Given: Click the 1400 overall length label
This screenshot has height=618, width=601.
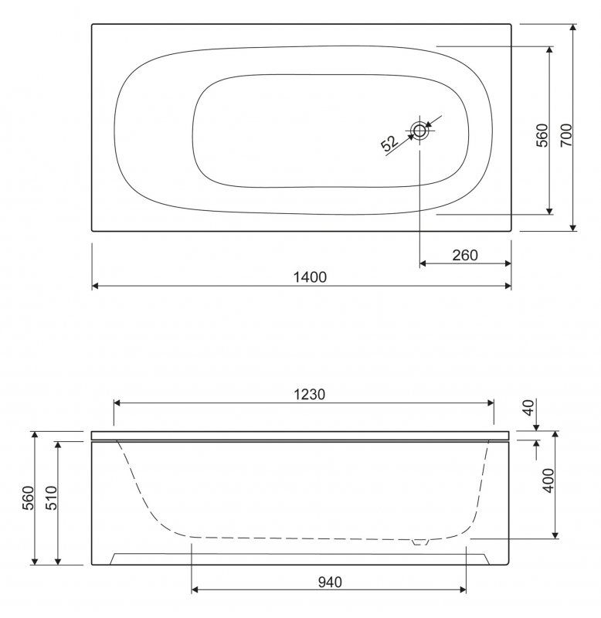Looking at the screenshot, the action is point(310,277).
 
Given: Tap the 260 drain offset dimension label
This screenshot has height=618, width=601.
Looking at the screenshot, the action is point(465,256).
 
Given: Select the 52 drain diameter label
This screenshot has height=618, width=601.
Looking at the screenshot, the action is point(390,143).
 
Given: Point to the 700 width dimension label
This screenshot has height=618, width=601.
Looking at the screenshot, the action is point(566,135).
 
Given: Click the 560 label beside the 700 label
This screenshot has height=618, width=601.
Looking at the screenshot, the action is point(542,135).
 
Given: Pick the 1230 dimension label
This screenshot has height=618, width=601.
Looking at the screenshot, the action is point(309,394).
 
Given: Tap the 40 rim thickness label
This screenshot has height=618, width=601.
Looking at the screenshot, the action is point(529,407).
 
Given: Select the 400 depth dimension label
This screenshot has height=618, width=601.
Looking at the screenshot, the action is point(548,480).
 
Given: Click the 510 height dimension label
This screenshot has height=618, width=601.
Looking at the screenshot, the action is point(52,497).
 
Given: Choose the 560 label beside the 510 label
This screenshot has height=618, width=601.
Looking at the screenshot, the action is point(28,497).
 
